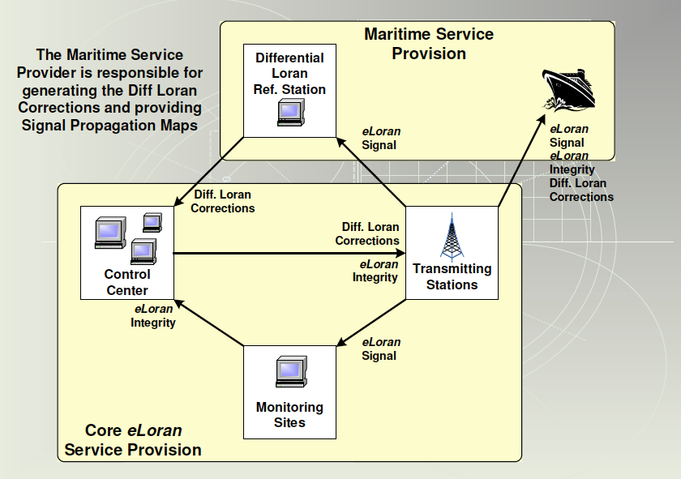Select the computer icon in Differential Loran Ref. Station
[x=289, y=113]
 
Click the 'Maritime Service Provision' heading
[x=429, y=44]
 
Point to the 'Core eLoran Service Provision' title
[x=133, y=440]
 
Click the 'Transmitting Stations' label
[x=452, y=276]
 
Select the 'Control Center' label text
[x=127, y=282]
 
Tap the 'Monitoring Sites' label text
[x=289, y=414]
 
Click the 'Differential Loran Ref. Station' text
[x=289, y=73]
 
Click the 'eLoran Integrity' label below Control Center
[x=153, y=315]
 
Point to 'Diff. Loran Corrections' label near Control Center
[x=222, y=201]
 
